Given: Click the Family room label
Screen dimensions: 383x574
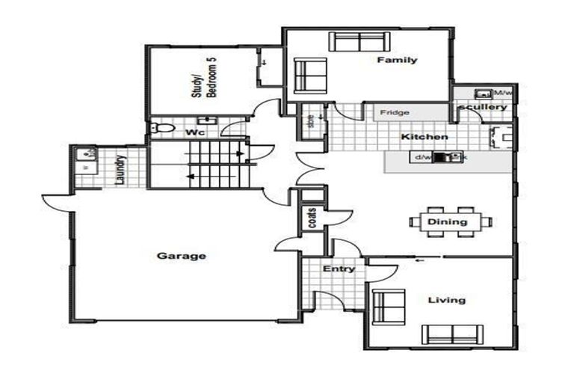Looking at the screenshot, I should tap(396, 60).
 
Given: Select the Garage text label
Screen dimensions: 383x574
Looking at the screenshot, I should tap(181, 256).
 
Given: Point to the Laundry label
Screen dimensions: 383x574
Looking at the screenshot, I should tap(120, 169).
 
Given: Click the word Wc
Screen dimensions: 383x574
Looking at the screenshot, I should tap(194, 132).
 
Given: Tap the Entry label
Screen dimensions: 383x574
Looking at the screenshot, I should tap(339, 269).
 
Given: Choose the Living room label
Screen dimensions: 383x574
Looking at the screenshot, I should tap(446, 300).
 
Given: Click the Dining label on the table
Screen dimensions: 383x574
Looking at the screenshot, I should tap(447, 221).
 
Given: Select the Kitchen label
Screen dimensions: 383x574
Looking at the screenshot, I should tap(425, 137).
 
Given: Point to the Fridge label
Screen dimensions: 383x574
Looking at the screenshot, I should tap(394, 113).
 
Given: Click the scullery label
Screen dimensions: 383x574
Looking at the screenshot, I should tap(484, 107).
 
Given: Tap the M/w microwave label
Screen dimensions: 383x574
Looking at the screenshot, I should tap(503, 94).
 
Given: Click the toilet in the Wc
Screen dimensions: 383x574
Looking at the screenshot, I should tap(158, 129).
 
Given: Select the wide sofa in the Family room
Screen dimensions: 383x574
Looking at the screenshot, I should tap(356, 42).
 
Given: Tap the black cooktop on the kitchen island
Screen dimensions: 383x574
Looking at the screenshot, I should tap(450, 158).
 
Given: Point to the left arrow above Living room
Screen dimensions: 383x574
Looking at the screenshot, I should tap(420, 260).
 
